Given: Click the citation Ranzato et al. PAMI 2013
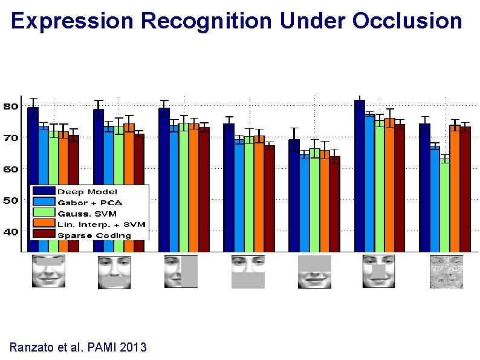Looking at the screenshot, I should [78, 347].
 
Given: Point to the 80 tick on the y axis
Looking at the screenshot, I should [10, 106].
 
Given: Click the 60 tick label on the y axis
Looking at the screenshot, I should [10, 169].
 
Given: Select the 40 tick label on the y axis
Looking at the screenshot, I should [10, 231].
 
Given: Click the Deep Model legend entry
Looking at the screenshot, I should [87, 192].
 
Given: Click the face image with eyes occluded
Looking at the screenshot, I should [48, 271].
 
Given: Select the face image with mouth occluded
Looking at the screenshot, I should [114, 272].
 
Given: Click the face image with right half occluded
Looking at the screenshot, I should [181, 272].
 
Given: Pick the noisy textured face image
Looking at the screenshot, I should [446, 272].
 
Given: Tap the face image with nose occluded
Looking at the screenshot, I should [378, 272].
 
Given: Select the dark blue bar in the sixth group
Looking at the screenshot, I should [359, 175].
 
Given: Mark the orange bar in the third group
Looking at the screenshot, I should [193, 188].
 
